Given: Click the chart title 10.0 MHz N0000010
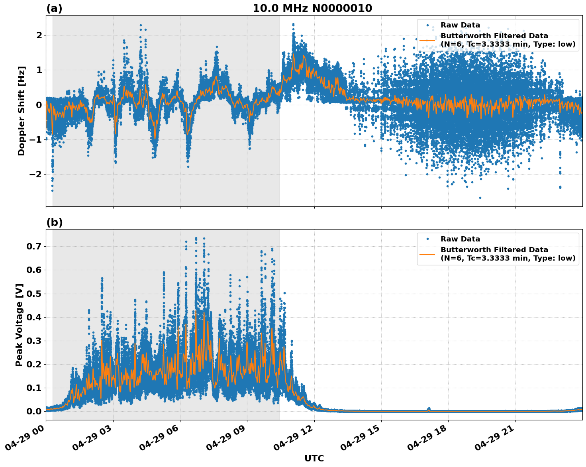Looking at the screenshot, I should point(312,8).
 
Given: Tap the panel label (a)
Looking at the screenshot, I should point(54,8).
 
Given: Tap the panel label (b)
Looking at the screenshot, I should point(54,222).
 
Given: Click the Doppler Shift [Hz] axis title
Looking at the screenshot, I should point(22,111).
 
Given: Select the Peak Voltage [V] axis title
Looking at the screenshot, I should point(19,325).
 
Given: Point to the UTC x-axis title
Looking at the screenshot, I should point(314,458).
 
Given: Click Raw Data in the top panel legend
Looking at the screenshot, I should point(460,25).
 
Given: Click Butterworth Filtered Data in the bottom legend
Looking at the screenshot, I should point(494,250).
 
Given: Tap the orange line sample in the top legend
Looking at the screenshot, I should point(427,40).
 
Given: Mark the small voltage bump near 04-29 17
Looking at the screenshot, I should point(429,409).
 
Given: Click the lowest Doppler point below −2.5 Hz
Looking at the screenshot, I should point(480,198).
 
